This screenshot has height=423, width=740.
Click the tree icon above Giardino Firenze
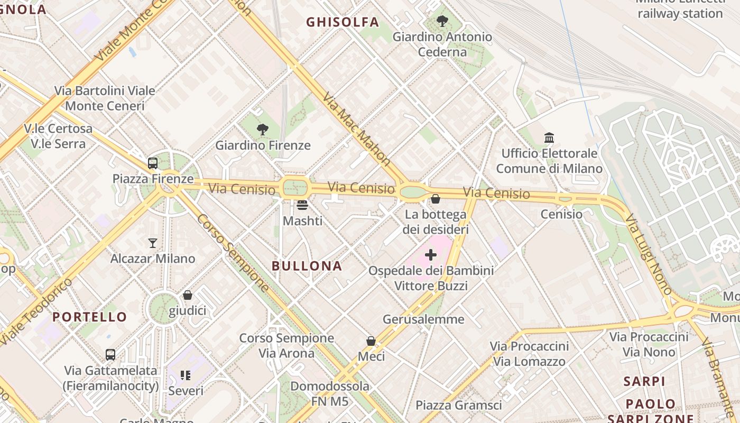[x=262, y=129]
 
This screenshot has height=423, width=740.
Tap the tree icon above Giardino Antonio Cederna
[x=442, y=21]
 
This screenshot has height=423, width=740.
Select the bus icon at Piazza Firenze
[x=153, y=163]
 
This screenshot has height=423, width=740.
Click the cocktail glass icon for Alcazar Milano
[x=153, y=243]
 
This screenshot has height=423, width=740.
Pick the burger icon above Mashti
[x=302, y=205]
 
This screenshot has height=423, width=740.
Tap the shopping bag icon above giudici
[x=188, y=295]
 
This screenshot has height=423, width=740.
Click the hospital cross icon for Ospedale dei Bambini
[x=431, y=255]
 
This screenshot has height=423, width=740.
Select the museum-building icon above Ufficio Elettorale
[x=549, y=138]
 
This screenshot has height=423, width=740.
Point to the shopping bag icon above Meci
[x=371, y=341]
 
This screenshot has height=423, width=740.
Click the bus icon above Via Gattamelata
[x=110, y=355]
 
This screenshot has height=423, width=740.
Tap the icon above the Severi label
[x=186, y=375]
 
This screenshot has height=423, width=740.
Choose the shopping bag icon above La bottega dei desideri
[x=436, y=199]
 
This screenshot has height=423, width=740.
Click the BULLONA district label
[x=307, y=266]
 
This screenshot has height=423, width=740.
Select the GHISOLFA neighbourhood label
[x=343, y=22]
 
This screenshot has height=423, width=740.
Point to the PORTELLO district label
[x=90, y=317]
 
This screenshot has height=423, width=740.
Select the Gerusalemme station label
[x=423, y=319]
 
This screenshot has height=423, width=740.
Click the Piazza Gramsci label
[x=458, y=406]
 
